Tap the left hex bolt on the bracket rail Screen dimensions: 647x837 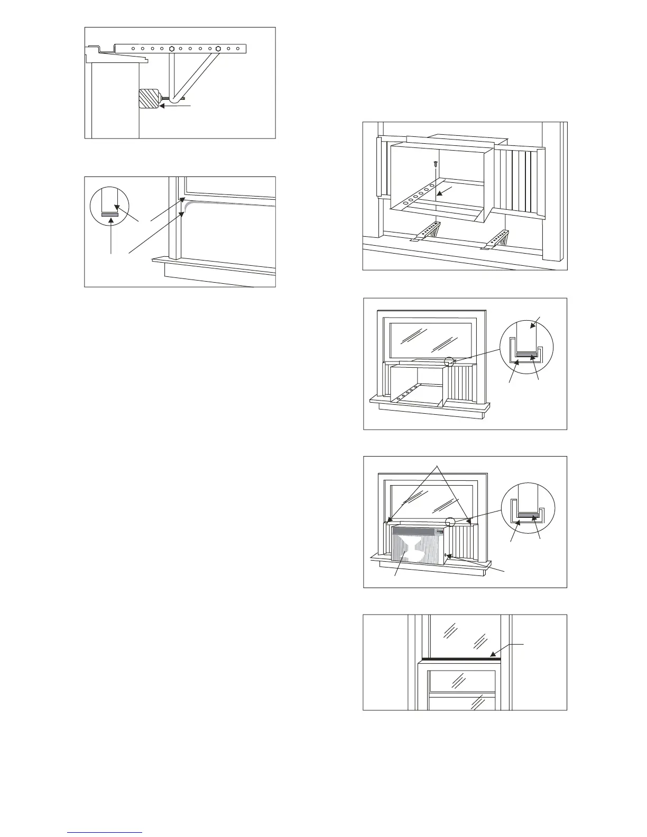click(172, 49)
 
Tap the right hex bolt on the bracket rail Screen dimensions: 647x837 click(218, 49)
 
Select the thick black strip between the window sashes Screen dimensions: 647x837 click(459, 659)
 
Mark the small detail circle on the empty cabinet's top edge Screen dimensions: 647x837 click(449, 362)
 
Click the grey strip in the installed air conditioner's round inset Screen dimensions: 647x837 click(528, 514)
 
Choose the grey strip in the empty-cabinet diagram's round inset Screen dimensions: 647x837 click(527, 355)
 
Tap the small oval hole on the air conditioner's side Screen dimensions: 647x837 click(447, 555)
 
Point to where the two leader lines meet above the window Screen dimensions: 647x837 click(437, 466)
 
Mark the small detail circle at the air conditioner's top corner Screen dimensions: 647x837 click(450, 521)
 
